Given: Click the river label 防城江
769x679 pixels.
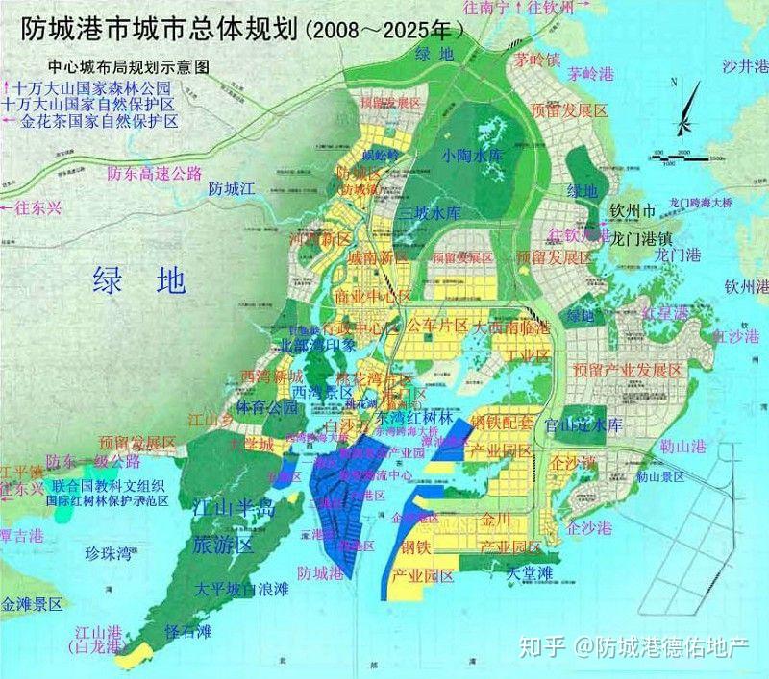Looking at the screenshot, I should pyautogui.click(x=235, y=189).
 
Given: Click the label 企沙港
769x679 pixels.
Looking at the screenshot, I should pyautogui.click(x=588, y=528).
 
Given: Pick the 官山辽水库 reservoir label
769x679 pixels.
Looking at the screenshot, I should pyautogui.click(x=583, y=424).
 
